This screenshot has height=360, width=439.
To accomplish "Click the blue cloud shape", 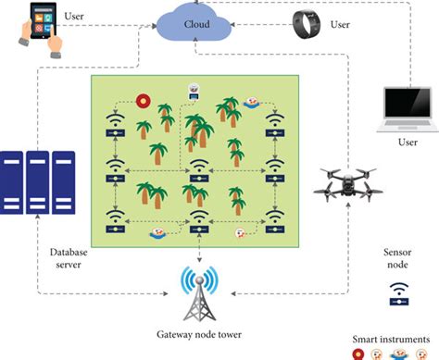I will [x=195, y=23].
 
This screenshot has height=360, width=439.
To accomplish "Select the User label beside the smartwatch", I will [x=341, y=25].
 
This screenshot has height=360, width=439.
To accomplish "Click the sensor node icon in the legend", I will [x=396, y=295].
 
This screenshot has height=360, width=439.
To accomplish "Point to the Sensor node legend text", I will [x=396, y=258].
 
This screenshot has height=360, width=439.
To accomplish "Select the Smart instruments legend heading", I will [x=396, y=337].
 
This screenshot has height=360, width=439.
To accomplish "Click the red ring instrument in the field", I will [x=144, y=101].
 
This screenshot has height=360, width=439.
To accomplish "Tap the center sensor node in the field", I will [x=198, y=170].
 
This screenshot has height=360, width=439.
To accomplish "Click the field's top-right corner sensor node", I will [x=273, y=125].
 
